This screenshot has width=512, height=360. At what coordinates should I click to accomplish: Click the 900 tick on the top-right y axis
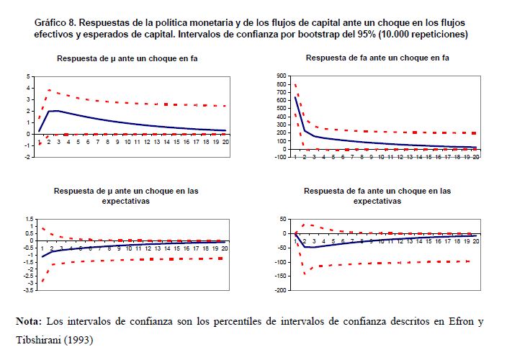[280, 75]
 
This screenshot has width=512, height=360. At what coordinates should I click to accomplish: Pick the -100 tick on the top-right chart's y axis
[279, 157]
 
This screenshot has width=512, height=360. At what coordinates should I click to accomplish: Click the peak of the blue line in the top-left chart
[56, 111]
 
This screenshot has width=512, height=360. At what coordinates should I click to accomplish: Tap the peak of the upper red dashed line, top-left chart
[48, 90]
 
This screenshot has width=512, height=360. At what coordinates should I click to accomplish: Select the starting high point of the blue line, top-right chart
[295, 97]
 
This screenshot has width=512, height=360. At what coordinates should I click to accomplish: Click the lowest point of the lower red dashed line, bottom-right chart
[305, 274]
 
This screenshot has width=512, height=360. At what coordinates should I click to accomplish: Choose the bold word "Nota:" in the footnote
[31, 320]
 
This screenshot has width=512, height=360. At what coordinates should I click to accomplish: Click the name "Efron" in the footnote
[455, 320]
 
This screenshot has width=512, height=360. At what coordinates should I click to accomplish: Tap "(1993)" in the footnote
[80, 338]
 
